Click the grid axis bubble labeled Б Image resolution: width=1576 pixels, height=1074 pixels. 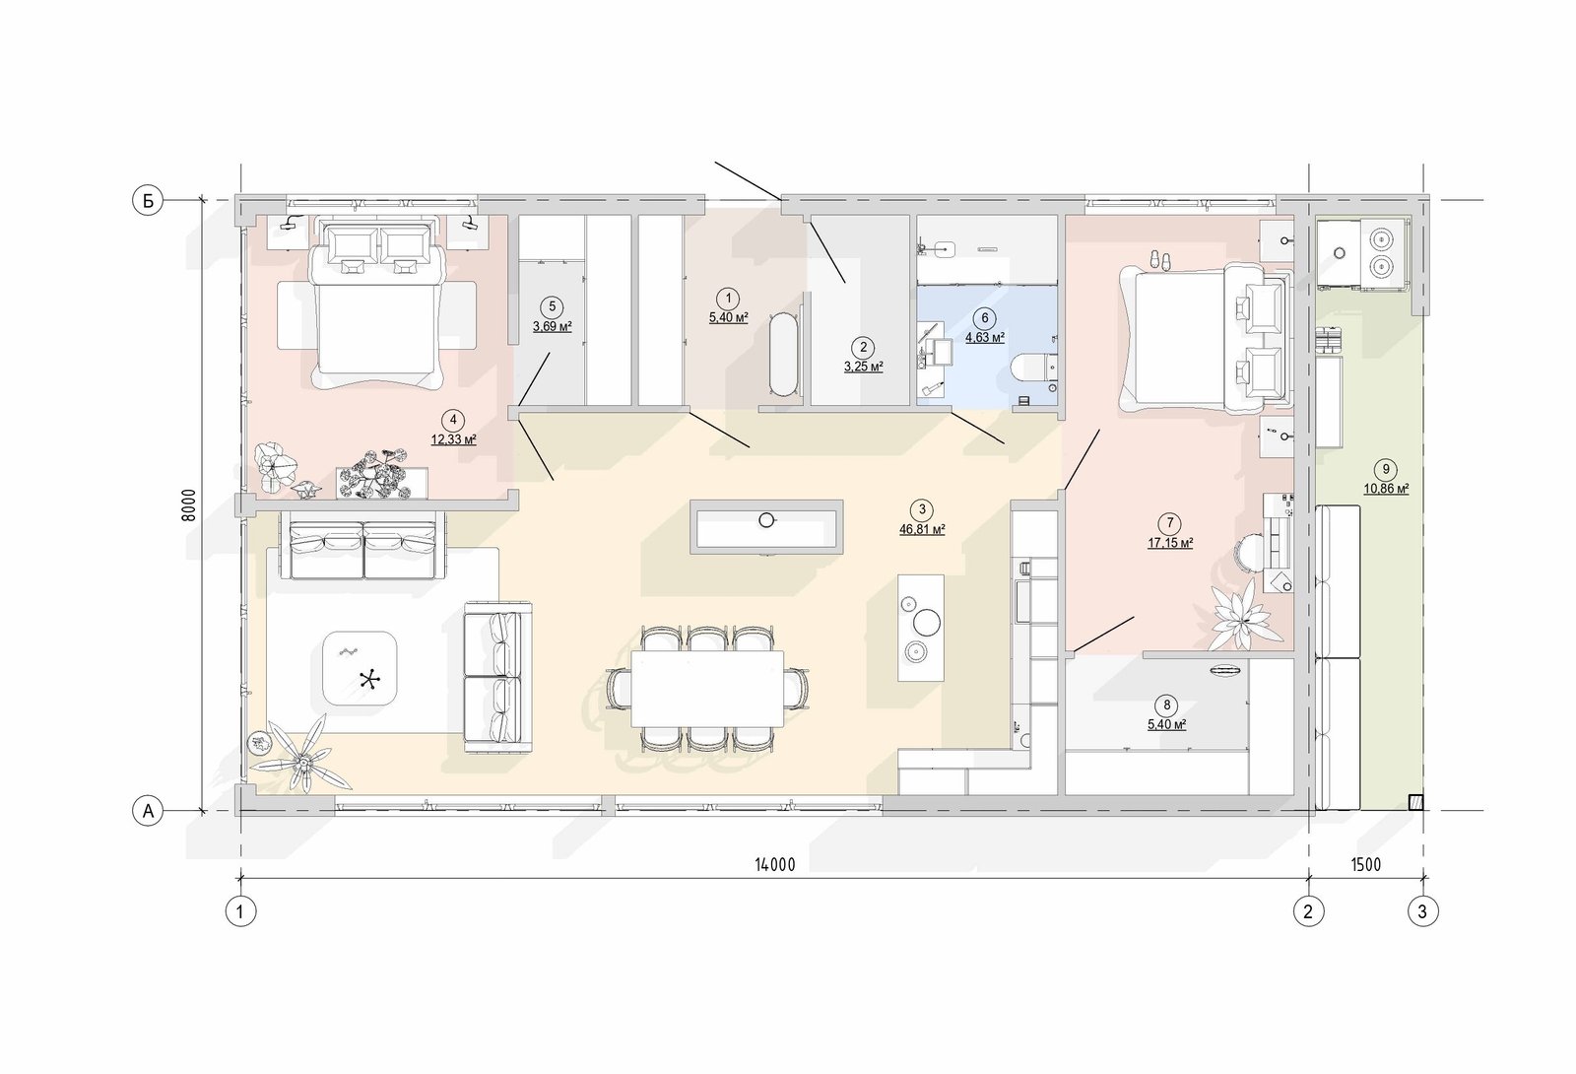tap(148, 201)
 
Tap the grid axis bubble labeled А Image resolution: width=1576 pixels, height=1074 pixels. tap(148, 812)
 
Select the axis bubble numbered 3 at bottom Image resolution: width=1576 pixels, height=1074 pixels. tap(1422, 911)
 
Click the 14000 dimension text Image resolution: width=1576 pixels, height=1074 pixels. tap(774, 865)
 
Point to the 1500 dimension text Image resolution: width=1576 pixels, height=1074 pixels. tap(1365, 865)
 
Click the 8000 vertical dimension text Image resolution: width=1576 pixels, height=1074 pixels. tap(188, 504)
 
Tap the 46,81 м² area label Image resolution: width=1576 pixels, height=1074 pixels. tap(922, 529)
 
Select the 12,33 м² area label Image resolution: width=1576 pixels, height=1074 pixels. tap(454, 439)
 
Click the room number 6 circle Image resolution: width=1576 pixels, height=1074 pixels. tap(984, 318)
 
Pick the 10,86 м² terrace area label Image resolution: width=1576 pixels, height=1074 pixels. tap(1386, 489)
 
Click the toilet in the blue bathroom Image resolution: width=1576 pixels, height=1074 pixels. tap(1033, 374)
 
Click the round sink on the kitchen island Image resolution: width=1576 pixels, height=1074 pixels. tap(767, 520)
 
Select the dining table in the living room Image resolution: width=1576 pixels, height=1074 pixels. tap(707, 689)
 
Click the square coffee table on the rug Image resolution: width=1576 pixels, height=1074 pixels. tap(361, 668)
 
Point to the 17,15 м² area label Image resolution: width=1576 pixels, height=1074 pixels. tap(1170, 543)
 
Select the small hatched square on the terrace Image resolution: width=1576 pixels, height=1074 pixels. tap(1415, 802)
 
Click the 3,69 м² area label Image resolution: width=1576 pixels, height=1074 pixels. tap(553, 326)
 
